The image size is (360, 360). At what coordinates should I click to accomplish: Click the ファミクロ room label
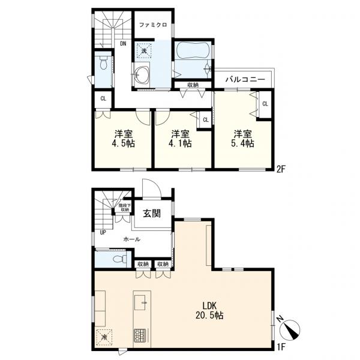153,25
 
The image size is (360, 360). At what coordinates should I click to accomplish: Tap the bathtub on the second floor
193,51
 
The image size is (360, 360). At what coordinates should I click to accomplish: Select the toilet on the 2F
104,63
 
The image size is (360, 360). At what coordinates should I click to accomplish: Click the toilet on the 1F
120,259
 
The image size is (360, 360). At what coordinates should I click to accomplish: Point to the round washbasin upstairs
142,74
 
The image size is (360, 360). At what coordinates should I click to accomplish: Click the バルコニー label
245,80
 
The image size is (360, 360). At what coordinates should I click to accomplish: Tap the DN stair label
123,44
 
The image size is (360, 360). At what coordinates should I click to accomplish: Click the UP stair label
103,233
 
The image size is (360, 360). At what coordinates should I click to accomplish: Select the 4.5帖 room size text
123,143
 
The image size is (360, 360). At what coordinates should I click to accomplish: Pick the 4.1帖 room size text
180,143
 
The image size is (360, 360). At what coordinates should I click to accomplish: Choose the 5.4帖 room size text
242,143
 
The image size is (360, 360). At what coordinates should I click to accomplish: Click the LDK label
209,305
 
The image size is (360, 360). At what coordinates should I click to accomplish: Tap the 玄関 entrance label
152,214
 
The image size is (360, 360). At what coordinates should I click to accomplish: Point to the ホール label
132,239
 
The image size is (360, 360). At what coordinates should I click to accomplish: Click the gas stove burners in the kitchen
140,335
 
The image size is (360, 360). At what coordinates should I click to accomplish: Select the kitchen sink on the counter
140,302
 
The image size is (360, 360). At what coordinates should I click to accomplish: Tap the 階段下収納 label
125,208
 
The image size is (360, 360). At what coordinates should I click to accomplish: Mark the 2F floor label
281,170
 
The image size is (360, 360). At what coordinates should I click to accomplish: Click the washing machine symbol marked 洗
144,51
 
